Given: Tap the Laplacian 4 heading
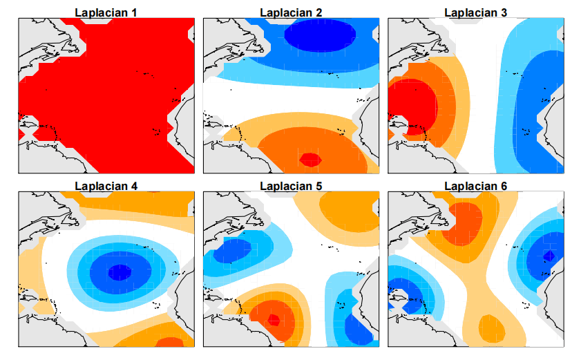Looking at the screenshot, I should (106, 185).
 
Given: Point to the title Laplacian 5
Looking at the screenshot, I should (291, 185).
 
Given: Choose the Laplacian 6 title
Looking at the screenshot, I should (476, 185).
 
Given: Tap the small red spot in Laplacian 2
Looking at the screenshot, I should (309, 159).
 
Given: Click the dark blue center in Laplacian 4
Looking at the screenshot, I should (120, 272).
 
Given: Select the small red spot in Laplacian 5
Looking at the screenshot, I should (274, 320).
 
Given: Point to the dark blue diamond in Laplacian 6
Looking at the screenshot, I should (549, 256).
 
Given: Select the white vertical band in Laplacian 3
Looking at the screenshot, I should (484, 104).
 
